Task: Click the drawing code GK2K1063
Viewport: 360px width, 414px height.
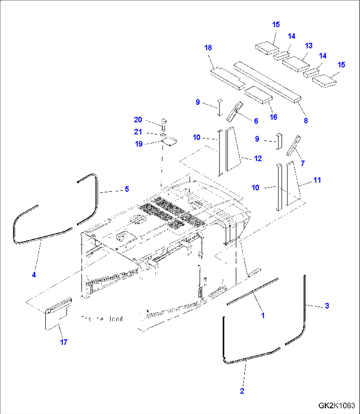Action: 337,406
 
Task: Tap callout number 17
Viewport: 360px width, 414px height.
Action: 64,342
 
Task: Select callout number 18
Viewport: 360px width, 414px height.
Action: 208,48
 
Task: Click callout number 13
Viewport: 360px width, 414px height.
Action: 308,46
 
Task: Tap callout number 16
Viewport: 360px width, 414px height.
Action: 273,117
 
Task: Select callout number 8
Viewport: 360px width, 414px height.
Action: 306,121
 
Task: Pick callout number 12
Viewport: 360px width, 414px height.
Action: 258,158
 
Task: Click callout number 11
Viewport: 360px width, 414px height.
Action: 317,180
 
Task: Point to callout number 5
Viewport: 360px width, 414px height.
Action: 126,189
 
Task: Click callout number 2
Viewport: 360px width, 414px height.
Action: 242,391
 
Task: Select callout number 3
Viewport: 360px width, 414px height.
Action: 327,306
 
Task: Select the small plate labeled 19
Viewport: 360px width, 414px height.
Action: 170,141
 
